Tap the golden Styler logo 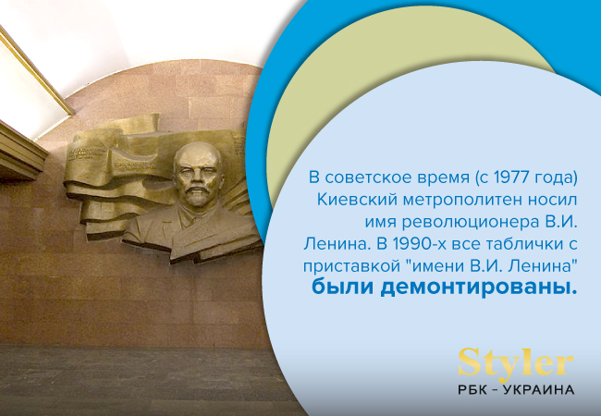(516, 361)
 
